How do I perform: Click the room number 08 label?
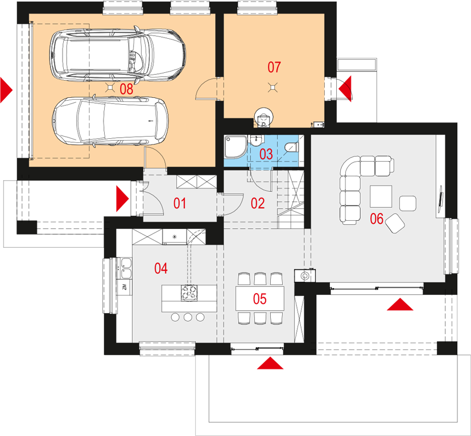tap(126, 89)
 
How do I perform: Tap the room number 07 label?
tap(274, 67)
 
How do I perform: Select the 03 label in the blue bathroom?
tap(266, 154)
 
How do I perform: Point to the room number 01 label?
tap(180, 203)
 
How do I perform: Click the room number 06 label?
tap(377, 219)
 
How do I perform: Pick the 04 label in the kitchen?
tap(161, 268)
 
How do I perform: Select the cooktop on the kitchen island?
tap(189, 293)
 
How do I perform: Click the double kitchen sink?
tap(126, 268)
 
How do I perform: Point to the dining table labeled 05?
tap(260, 299)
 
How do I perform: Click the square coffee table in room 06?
tap(381, 196)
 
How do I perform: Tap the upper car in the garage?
tap(117, 55)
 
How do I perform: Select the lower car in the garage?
tap(110, 121)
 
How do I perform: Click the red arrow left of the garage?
tap(6, 90)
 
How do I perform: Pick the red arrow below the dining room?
tap(270, 363)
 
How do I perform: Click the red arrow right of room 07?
tap(345, 89)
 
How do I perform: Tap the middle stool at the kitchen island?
tap(188, 316)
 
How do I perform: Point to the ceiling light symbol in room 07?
tap(272, 88)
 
